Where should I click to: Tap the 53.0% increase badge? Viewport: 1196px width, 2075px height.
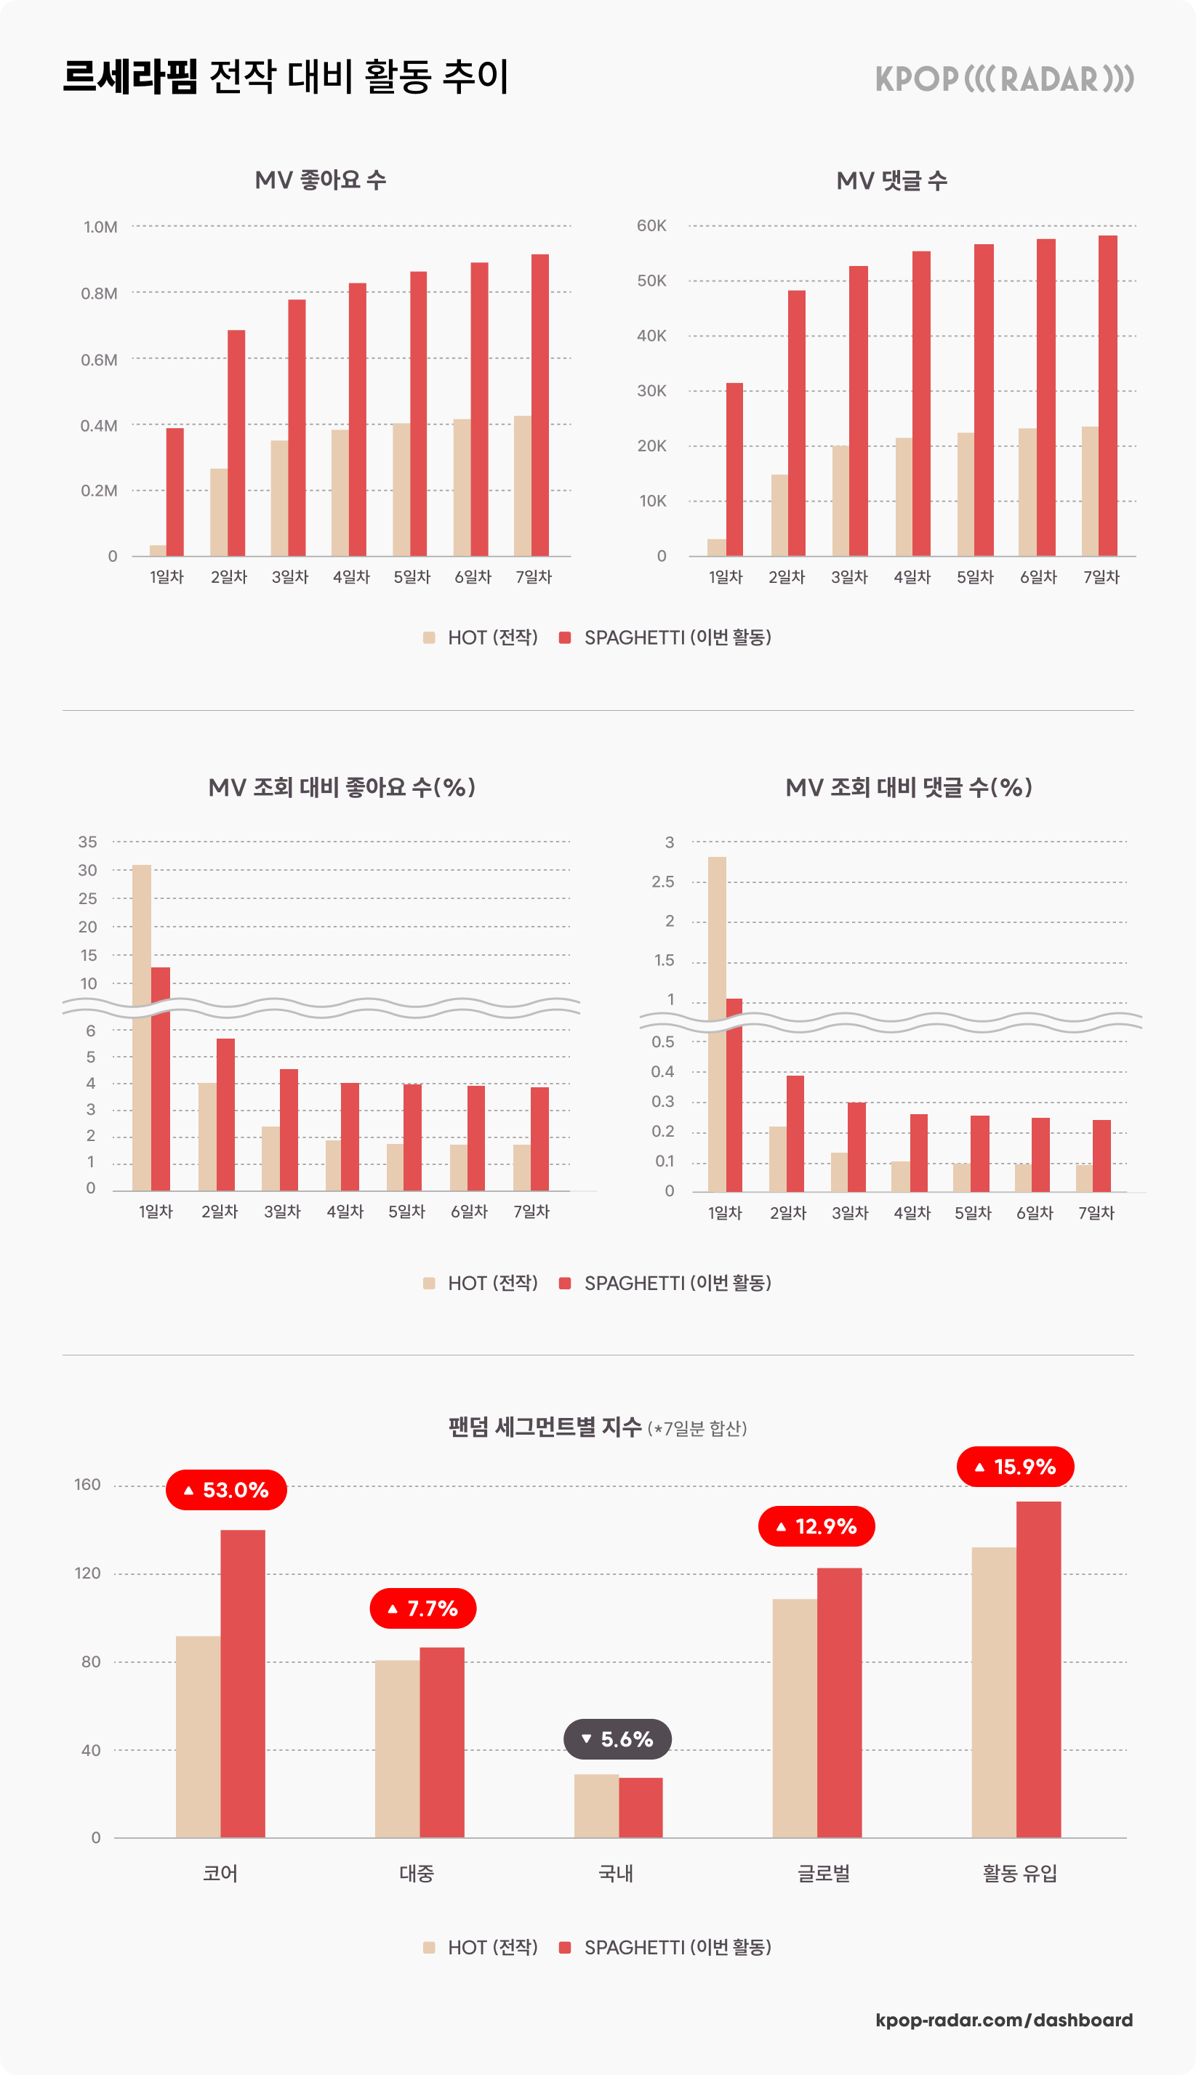point(226,1489)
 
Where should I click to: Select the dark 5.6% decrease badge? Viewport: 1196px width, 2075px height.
point(617,1738)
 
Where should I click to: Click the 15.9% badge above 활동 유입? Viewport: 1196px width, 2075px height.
point(1015,1467)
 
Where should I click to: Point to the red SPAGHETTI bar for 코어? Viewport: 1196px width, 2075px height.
point(242,1683)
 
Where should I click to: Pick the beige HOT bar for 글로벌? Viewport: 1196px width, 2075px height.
point(795,1718)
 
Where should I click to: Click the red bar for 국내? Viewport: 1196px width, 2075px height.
point(641,1808)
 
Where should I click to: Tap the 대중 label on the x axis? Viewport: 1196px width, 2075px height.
point(417,1873)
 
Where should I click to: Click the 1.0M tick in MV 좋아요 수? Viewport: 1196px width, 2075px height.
point(100,227)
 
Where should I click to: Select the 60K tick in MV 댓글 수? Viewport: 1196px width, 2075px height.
point(651,226)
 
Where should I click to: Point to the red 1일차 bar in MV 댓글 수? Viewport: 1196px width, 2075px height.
point(734,469)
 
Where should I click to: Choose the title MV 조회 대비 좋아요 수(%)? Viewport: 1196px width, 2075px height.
point(342,787)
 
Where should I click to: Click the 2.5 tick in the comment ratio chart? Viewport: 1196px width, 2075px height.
point(662,882)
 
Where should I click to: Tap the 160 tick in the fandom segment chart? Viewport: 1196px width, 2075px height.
point(87,1485)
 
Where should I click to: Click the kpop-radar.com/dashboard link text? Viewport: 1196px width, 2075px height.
point(1004,2020)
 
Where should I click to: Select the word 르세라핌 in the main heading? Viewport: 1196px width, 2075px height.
point(130,77)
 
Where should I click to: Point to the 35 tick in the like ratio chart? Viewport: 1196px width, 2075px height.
point(87,842)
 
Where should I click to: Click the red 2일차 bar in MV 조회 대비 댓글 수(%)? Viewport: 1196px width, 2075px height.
point(795,1133)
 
